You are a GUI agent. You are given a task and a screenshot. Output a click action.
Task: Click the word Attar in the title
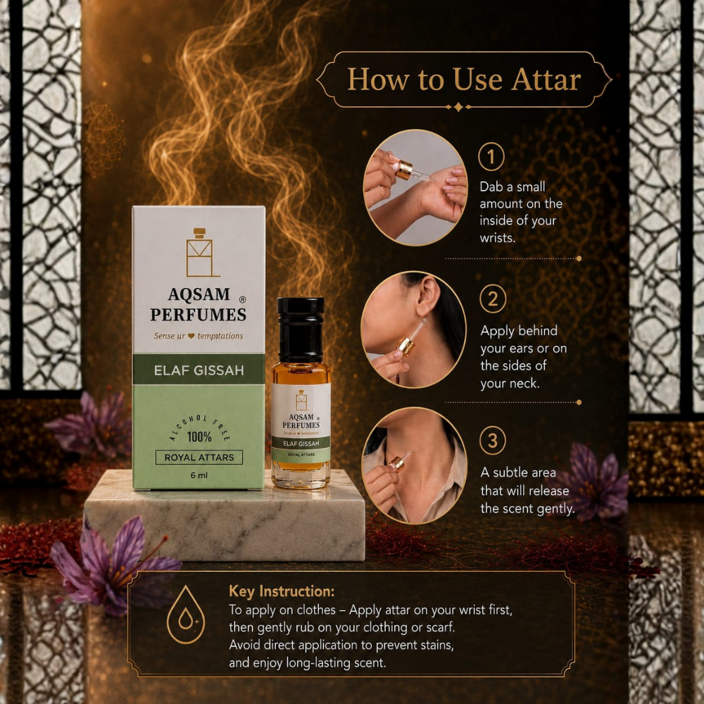546,80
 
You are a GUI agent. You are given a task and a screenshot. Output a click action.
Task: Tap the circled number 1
491,157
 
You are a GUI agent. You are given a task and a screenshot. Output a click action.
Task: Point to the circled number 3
493,441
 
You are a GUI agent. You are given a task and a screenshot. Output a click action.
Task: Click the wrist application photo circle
415,188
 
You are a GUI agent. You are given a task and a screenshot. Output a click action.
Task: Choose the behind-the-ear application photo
413,329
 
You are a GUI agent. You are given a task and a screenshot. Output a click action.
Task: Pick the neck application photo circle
415,465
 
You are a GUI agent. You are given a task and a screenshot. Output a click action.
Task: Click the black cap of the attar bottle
301,329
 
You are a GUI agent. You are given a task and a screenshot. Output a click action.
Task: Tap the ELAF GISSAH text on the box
199,370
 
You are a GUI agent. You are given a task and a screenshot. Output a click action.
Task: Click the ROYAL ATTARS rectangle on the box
199,458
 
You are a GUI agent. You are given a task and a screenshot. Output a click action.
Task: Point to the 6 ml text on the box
199,475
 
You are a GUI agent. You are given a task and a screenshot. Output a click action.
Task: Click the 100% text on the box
199,436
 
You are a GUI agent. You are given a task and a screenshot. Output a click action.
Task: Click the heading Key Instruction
282,591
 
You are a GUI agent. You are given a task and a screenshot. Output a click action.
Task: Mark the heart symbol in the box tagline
191,336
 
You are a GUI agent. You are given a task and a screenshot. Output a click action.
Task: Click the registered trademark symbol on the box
242,299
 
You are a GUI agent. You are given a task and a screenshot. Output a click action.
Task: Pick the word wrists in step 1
498,237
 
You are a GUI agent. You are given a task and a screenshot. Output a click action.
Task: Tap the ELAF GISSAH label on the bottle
301,444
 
